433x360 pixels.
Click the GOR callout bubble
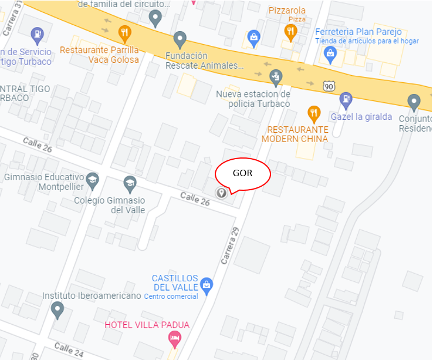click(x=242, y=174)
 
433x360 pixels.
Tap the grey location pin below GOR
click(x=222, y=192)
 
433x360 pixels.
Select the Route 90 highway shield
click(x=329, y=86)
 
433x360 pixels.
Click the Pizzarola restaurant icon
click(x=290, y=30)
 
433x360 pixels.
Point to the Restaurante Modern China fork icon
click(x=314, y=113)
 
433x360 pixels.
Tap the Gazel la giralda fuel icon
click(x=346, y=99)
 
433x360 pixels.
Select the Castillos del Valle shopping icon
click(x=206, y=286)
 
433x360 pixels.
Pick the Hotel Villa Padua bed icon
click(x=174, y=338)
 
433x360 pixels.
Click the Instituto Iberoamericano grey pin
click(x=57, y=309)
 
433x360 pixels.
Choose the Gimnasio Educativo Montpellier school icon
click(x=92, y=180)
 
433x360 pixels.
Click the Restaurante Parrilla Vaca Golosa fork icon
click(x=124, y=33)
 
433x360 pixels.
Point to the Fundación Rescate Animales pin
click(x=180, y=39)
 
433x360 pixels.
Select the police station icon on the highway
click(x=275, y=76)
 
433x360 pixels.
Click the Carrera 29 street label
click(x=231, y=245)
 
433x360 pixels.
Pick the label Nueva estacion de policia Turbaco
click(x=253, y=99)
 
